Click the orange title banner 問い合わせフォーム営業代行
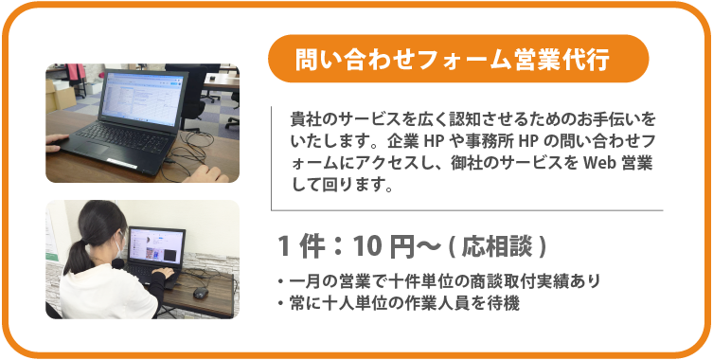[x=458, y=59]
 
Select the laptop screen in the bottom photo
[x=151, y=249]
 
